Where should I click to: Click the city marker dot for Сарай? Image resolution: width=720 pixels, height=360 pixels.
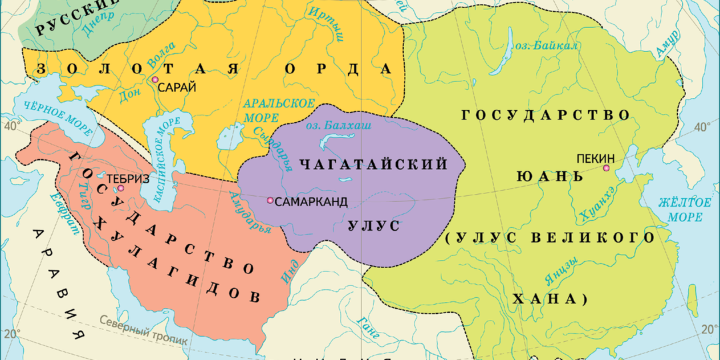click(x=155, y=80)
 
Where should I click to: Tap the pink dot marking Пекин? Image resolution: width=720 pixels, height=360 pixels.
click(x=606, y=168)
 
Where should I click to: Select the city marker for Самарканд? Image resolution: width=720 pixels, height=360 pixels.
click(x=269, y=201)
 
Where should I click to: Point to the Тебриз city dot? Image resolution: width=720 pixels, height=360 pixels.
click(x=121, y=189)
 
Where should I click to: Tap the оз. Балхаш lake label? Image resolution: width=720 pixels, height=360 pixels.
click(x=337, y=125)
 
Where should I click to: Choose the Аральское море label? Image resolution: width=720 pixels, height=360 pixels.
click(x=269, y=111)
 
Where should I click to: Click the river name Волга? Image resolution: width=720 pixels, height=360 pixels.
click(x=161, y=56)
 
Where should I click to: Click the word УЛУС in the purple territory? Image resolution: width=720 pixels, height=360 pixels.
click(x=373, y=226)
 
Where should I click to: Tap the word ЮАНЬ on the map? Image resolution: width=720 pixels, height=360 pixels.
click(x=551, y=176)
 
